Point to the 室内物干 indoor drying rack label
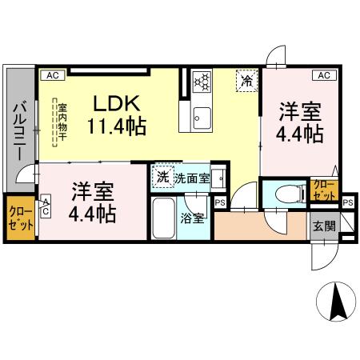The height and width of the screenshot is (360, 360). point(57,122)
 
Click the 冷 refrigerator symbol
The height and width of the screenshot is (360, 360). point(247,81)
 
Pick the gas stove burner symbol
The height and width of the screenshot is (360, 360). point(202,81)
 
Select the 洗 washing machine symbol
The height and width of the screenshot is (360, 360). point(162,177)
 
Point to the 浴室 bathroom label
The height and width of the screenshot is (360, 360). point(191,217)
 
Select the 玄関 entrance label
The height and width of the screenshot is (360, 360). point(323,226)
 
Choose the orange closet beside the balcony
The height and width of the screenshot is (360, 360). point(20,217)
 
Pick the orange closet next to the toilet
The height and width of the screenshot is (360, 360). point(324,190)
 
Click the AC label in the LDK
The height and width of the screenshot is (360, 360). point(52,75)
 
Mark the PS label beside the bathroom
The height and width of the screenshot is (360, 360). point(219,202)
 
